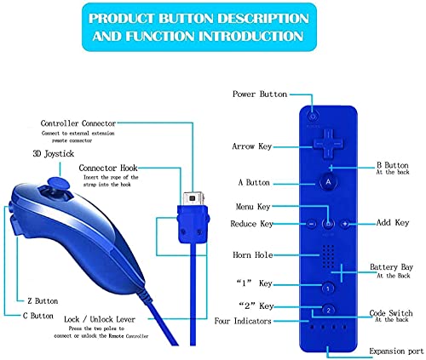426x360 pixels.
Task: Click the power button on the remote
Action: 313,117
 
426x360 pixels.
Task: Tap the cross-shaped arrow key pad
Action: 328,144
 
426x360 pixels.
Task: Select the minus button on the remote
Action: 311,224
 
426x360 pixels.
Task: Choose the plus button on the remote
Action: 345,224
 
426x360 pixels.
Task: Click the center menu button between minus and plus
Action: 328,224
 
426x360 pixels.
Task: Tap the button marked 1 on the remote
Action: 328,289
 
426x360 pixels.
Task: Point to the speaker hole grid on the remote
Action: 328,257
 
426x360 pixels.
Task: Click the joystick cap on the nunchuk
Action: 59,183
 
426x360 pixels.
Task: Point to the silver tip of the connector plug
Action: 193,198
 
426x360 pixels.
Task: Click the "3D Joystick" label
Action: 54,154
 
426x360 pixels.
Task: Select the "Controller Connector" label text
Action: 78,123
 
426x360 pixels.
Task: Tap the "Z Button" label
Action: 43,301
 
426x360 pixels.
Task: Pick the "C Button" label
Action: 38,316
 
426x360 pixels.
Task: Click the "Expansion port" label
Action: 396,351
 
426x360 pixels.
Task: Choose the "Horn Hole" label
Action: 253,254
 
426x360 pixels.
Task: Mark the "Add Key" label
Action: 393,222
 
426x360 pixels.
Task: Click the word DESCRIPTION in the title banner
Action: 262,19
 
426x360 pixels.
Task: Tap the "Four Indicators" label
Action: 243,321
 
